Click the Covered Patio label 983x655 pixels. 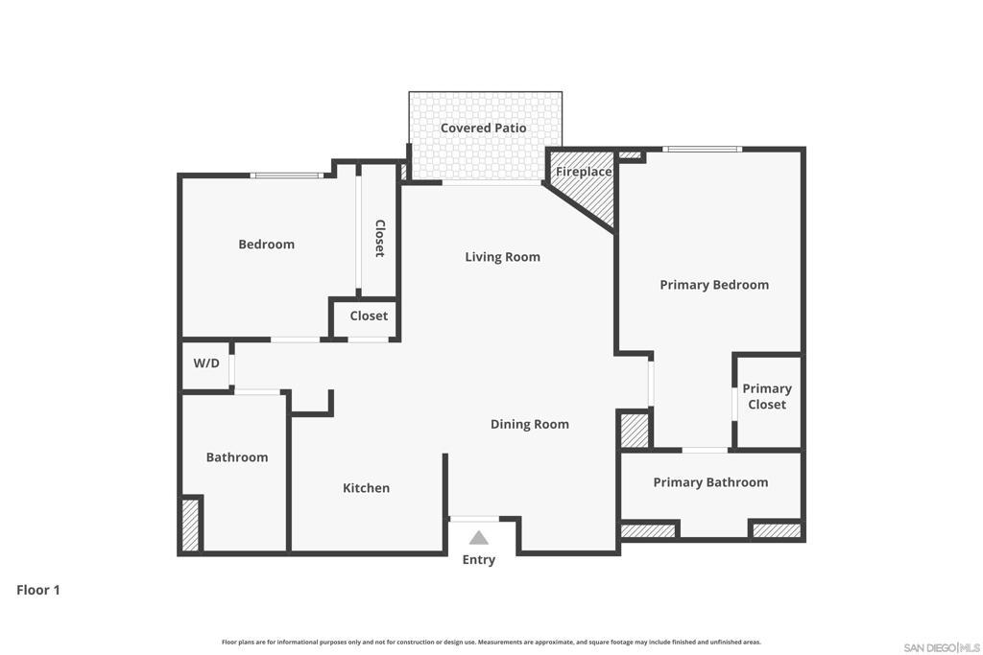coord(483,128)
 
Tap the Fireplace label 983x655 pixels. coord(584,172)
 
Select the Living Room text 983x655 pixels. coord(502,256)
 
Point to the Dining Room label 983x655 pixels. coord(529,424)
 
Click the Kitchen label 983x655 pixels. coord(366,488)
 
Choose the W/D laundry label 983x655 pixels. coord(206,363)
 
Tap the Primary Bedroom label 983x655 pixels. coord(713,285)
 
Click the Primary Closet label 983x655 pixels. coord(766,396)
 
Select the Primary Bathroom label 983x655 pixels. coord(710,482)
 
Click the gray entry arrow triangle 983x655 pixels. coord(478,538)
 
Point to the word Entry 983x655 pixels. coord(478,560)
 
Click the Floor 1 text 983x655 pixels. coord(38,590)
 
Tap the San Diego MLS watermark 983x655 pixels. coord(941,647)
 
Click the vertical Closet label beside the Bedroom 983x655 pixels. coord(379,238)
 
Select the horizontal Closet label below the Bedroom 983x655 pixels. coord(369,316)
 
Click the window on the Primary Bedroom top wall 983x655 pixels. coord(702,149)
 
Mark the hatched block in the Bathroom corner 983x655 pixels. coord(190,525)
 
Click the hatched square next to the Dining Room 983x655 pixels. coord(635,430)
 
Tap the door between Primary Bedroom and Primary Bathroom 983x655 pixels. coord(704,450)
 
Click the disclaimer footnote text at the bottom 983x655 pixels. coord(491,642)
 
